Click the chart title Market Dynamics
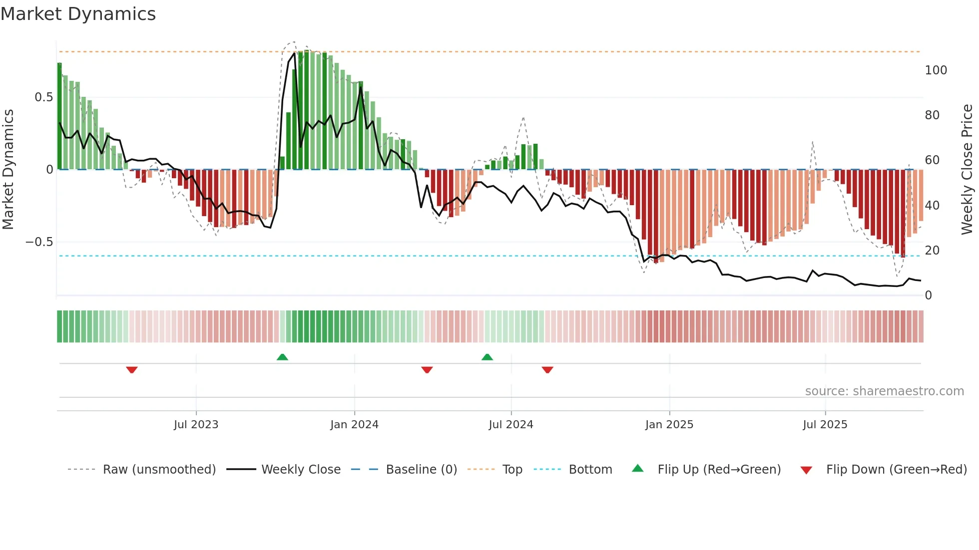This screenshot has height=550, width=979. click(x=78, y=14)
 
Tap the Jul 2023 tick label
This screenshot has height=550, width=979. click(x=196, y=425)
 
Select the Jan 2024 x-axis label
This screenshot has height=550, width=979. click(x=354, y=425)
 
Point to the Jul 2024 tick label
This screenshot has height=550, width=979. click(x=510, y=425)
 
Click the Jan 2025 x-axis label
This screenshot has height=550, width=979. click(x=669, y=425)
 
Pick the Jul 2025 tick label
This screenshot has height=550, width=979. click(x=825, y=425)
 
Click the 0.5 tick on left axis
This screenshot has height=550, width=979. click(x=43, y=97)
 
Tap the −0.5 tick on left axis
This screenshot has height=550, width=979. click(x=39, y=242)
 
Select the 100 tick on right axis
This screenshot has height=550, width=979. click(x=936, y=70)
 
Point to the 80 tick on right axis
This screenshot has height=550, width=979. click(x=932, y=115)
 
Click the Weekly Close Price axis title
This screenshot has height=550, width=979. click(x=967, y=169)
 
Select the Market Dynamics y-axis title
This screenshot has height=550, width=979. click(x=8, y=169)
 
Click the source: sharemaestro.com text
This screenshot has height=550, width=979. click(x=884, y=391)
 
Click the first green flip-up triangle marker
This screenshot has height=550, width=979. click(x=282, y=357)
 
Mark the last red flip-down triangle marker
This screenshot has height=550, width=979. click(x=547, y=370)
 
